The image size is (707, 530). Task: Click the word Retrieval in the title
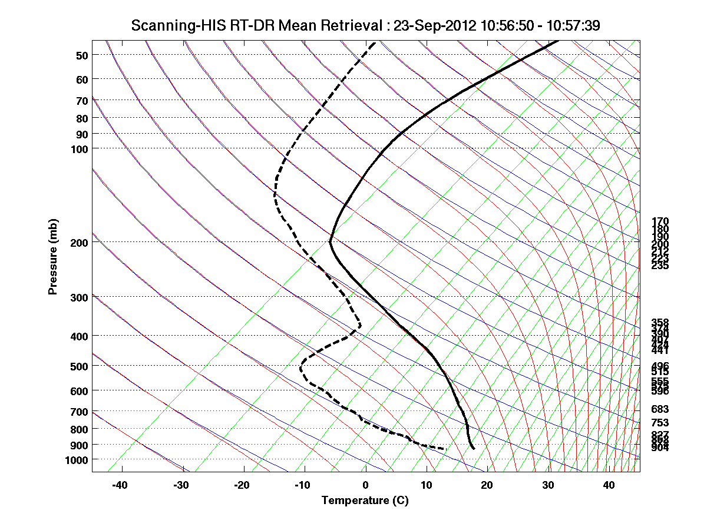pyautogui.click(x=353, y=25)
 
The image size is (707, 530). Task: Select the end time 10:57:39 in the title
pyautogui.click(x=575, y=25)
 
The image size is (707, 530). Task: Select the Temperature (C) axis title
pyautogui.click(x=365, y=501)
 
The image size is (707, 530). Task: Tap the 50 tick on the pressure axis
pyautogui.click(x=82, y=55)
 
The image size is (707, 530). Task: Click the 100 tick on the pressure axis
pyautogui.click(x=80, y=149)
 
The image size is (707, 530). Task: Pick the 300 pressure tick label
pyautogui.click(x=80, y=297)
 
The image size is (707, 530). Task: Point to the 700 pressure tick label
pyautogui.click(x=80, y=412)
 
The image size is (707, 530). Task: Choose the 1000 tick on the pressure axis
pyautogui.click(x=77, y=459)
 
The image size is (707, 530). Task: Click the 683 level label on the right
pyautogui.click(x=660, y=409)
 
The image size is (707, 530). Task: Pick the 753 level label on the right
pyautogui.click(x=660, y=423)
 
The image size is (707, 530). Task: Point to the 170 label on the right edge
pyautogui.click(x=660, y=221)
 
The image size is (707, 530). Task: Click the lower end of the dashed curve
pyautogui.click(x=445, y=449)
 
